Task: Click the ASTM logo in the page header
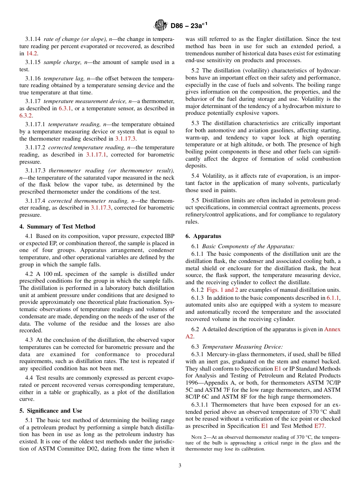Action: click(160, 26)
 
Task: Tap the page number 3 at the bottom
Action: click(180, 465)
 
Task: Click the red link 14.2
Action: click(32, 53)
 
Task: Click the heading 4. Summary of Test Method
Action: click(57, 227)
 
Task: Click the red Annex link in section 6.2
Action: click(332, 329)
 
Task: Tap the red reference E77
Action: click(319, 426)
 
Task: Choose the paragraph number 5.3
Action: click(196, 123)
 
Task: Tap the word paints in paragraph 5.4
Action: click(229, 190)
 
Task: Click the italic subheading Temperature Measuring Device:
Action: click(243, 347)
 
